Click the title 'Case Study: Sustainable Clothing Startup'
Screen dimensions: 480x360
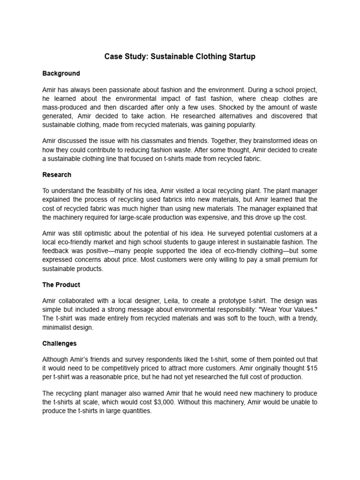click(x=180, y=57)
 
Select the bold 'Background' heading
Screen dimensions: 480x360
click(x=61, y=74)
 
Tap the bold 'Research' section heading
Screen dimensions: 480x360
click(x=57, y=175)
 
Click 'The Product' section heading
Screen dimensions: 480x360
click(x=61, y=285)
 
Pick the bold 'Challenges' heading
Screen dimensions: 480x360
click(x=59, y=344)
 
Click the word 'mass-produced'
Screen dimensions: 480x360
click(x=64, y=107)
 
